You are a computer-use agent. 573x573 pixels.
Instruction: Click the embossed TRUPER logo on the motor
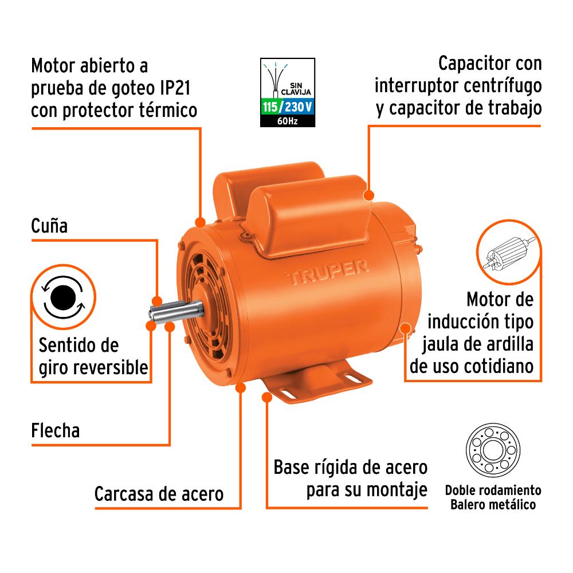point(327,272)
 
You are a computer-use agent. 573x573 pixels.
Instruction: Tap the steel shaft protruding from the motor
point(176,311)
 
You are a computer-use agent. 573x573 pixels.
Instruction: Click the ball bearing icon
point(493,450)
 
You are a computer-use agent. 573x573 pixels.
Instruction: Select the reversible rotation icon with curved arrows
point(63,297)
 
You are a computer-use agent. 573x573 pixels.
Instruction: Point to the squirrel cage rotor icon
point(509,252)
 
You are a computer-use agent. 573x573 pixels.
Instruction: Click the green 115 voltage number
point(270,107)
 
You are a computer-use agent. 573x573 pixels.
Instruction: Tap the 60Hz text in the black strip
point(287,120)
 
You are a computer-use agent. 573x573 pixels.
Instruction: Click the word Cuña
point(49,226)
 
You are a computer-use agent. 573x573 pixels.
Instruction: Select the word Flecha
point(55,430)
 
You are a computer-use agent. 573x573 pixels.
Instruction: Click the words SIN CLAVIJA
point(296,89)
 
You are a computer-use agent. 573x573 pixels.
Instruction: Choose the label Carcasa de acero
point(159,494)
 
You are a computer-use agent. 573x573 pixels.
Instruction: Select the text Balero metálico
point(493,505)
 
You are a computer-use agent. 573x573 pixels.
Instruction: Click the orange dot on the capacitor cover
point(369,195)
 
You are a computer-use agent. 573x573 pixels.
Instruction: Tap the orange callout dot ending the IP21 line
point(200,222)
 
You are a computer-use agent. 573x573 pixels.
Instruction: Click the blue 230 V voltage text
point(298,107)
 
